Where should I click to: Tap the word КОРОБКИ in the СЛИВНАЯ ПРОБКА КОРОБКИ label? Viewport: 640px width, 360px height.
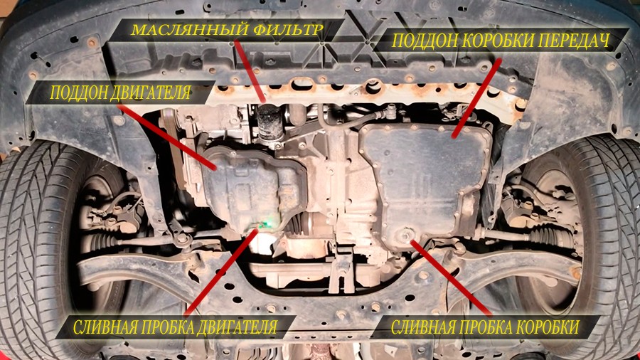[548, 327]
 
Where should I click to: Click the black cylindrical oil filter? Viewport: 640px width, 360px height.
[269, 122]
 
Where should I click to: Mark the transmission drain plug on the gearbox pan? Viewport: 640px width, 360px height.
[405, 236]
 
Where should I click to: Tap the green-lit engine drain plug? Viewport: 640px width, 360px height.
[265, 223]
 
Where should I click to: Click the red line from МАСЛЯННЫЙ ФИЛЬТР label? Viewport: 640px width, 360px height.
[250, 70]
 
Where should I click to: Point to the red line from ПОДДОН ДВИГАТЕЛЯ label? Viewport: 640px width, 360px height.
[166, 137]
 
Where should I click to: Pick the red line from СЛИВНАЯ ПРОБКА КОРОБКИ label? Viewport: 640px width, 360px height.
[451, 277]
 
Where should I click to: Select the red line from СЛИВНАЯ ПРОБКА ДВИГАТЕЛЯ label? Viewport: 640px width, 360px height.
[221, 272]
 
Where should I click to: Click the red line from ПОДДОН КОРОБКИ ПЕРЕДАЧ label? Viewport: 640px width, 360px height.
[476, 98]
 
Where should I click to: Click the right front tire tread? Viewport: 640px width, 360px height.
[612, 245]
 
